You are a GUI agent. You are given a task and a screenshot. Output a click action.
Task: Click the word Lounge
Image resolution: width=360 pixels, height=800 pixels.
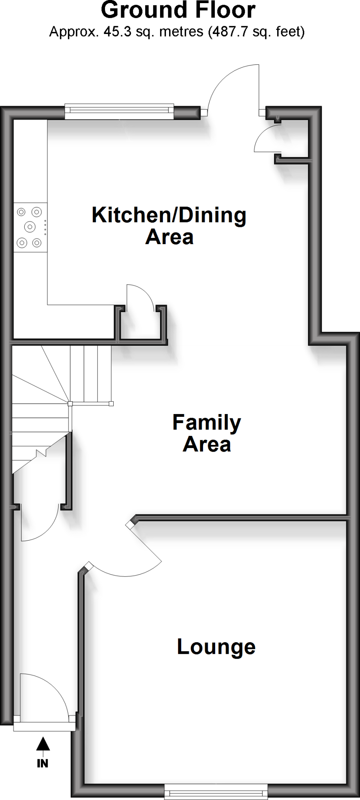(x=216, y=647)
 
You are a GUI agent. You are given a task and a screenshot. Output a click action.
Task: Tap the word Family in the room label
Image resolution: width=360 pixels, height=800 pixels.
(x=207, y=423)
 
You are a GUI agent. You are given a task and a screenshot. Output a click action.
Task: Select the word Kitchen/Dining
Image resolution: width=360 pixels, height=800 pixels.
(x=169, y=215)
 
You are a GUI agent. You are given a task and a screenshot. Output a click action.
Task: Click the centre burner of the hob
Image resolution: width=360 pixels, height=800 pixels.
(x=29, y=226)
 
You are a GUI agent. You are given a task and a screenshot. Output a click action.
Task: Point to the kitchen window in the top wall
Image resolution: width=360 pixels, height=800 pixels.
(x=119, y=112)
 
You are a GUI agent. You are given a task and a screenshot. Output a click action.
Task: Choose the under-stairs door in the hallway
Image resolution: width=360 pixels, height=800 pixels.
(x=39, y=523)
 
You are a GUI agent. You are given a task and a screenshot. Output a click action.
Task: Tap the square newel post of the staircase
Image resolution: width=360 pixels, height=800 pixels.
(x=70, y=404)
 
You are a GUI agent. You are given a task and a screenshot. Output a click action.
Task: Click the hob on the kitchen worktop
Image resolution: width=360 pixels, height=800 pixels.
(x=30, y=227)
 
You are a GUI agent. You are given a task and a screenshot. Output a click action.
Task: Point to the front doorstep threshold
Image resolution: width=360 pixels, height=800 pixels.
(x=45, y=726)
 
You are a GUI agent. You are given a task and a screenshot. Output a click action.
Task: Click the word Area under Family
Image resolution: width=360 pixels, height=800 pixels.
(x=207, y=445)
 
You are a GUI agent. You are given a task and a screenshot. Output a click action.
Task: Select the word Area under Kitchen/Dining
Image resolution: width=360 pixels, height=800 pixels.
(x=169, y=237)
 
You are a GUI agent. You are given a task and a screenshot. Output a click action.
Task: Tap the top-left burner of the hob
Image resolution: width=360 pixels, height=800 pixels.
(x=21, y=212)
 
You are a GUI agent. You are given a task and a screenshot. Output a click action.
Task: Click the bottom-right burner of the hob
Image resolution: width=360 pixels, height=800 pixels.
(x=37, y=243)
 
